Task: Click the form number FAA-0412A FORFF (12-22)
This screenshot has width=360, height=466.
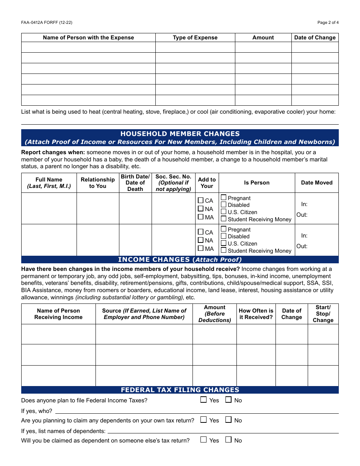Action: coord(47,22)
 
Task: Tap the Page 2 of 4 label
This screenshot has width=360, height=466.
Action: coord(328,22)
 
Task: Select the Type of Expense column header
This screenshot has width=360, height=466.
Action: coord(195,38)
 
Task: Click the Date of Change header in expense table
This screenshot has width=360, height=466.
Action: coord(315,38)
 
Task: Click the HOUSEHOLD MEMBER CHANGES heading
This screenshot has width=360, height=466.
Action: coord(180,134)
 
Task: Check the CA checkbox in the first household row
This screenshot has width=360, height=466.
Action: coord(201,200)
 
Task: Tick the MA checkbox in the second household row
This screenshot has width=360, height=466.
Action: coord(201,249)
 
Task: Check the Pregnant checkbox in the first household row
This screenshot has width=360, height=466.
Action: coord(224,198)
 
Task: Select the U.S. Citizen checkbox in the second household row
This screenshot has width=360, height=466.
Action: coord(224,243)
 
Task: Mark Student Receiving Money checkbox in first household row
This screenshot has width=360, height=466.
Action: coord(224,219)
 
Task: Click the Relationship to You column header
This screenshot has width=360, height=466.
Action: coord(98,183)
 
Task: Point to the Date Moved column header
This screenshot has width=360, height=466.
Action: coord(316,183)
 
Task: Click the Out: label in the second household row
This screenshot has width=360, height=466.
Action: coord(302,246)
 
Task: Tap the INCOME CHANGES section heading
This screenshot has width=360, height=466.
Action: coord(180,260)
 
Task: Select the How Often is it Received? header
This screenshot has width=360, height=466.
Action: coord(256,314)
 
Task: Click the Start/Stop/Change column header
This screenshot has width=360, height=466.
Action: coord(323,314)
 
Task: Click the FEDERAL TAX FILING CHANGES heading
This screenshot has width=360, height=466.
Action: coord(180,390)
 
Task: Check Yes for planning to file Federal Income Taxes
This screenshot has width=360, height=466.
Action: coord(204,400)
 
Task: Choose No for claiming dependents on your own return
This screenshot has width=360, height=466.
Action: coord(229,420)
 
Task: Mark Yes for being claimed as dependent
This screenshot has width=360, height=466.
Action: coord(204,440)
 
